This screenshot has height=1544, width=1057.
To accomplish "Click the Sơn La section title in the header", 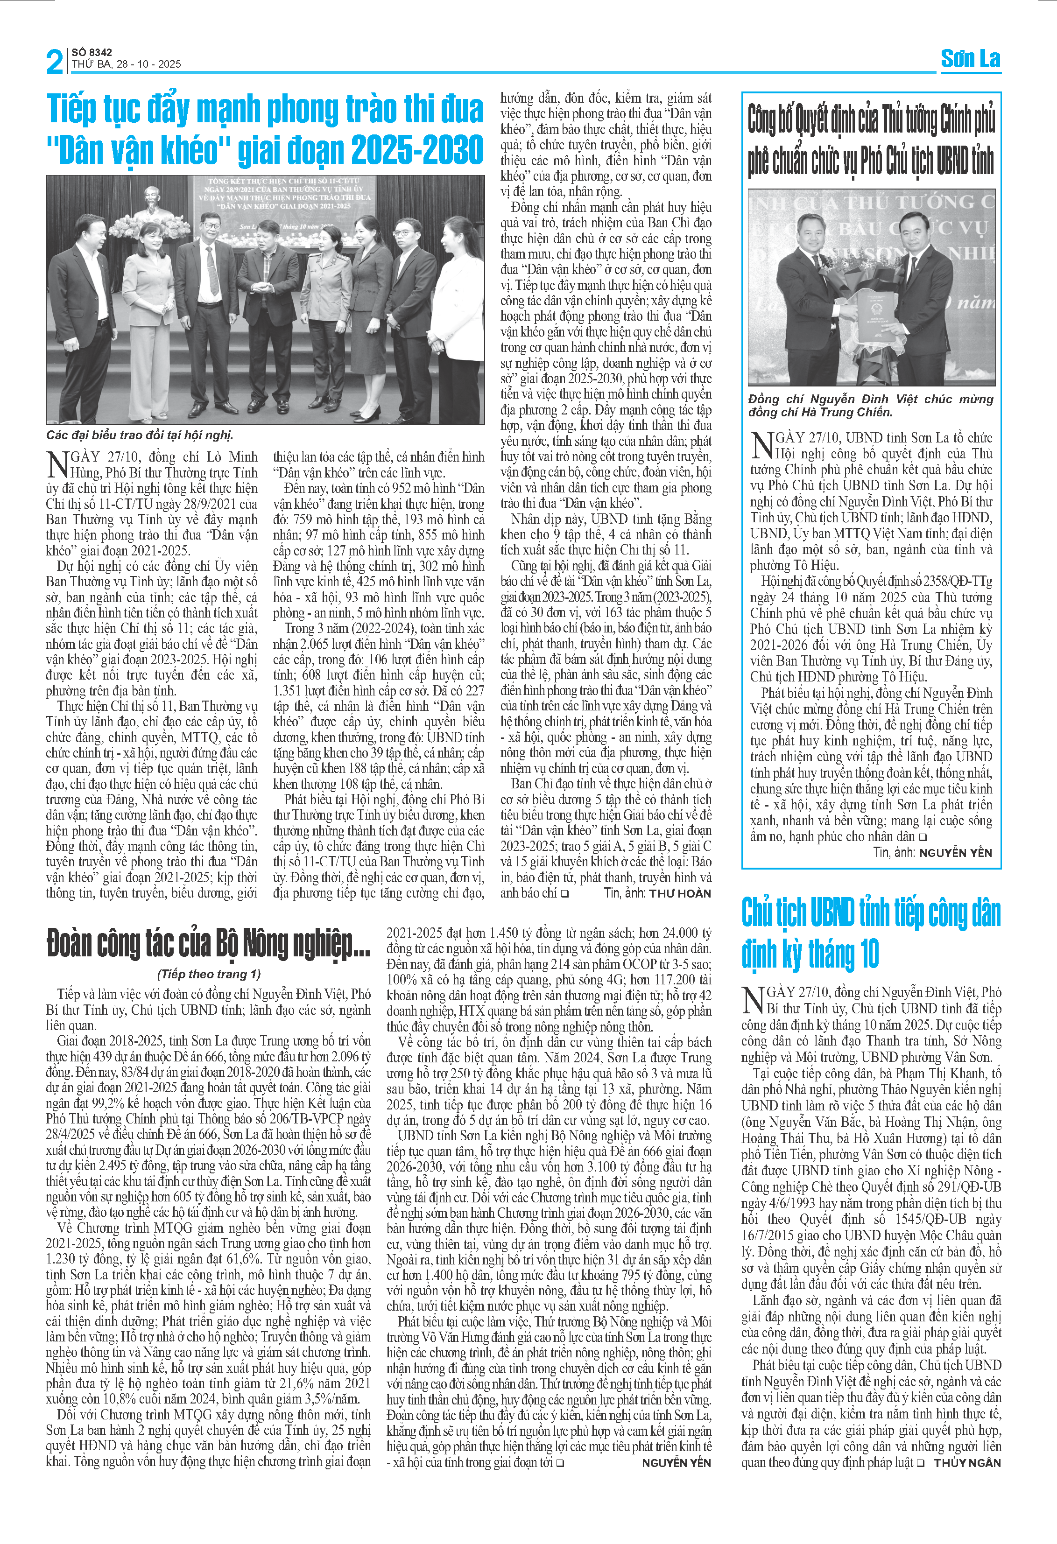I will tap(970, 59).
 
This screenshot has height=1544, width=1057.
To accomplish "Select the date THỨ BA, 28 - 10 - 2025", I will tap(126, 64).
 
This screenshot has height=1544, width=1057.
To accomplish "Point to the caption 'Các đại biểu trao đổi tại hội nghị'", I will tap(140, 435).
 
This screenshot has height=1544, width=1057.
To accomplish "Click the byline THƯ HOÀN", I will tap(680, 893).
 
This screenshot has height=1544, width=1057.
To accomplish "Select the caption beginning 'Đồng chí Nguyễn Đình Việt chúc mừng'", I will tap(870, 405).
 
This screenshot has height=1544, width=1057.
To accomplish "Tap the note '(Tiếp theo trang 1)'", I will tap(209, 974).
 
